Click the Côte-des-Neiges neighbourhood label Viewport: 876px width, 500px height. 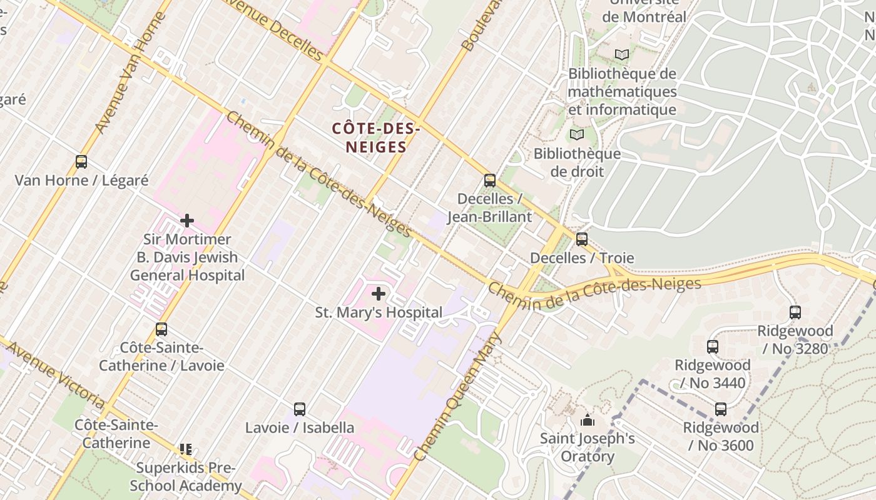pyautogui.click(x=375, y=138)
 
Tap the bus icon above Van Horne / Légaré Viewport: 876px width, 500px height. pyautogui.click(x=81, y=162)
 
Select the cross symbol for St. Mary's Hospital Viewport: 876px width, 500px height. pyautogui.click(x=379, y=293)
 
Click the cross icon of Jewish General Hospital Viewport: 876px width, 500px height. pyautogui.click(x=187, y=220)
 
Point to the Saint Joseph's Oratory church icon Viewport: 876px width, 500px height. pyautogui.click(x=587, y=420)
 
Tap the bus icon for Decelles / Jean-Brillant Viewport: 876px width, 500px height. pyautogui.click(x=490, y=181)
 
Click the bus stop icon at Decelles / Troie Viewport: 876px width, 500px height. pyautogui.click(x=582, y=239)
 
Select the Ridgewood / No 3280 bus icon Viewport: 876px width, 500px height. pyautogui.click(x=795, y=312)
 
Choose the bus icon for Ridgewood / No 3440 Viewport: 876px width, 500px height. pyautogui.click(x=712, y=346)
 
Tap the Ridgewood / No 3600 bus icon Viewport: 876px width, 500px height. pyautogui.click(x=721, y=409)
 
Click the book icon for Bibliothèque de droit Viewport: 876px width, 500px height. pyautogui.click(x=577, y=135)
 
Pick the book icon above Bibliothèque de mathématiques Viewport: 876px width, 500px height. pyautogui.click(x=621, y=55)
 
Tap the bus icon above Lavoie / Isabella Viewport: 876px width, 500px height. pyautogui.click(x=300, y=409)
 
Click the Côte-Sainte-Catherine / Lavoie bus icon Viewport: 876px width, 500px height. pyautogui.click(x=161, y=329)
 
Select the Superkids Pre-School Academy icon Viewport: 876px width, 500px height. pyautogui.click(x=186, y=449)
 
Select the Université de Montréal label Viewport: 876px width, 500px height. pyautogui.click(x=644, y=10)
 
